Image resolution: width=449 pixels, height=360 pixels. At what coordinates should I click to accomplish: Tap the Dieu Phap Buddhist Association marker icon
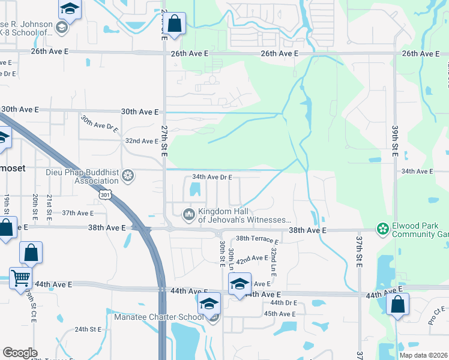click(x=127, y=176)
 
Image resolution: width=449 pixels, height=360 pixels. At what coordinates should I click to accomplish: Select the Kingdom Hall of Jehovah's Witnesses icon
click(x=189, y=214)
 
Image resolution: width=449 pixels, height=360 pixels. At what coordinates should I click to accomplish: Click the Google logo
click(x=20, y=353)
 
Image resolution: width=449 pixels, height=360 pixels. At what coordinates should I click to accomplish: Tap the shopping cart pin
click(x=20, y=278)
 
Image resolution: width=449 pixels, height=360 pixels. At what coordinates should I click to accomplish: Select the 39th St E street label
click(x=395, y=140)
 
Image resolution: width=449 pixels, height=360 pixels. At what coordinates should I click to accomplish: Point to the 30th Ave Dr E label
click(x=100, y=124)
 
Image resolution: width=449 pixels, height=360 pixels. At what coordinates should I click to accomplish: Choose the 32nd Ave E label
click(x=140, y=140)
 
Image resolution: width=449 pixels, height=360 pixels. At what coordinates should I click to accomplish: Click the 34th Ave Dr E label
click(x=212, y=178)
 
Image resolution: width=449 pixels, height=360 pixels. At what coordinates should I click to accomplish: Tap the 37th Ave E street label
click(x=78, y=213)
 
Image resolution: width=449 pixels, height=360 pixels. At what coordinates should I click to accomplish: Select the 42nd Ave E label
click(x=252, y=258)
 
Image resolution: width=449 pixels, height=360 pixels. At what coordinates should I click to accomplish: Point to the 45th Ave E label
click(x=279, y=314)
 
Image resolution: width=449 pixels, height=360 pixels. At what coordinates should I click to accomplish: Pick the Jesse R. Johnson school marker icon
click(x=61, y=28)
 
